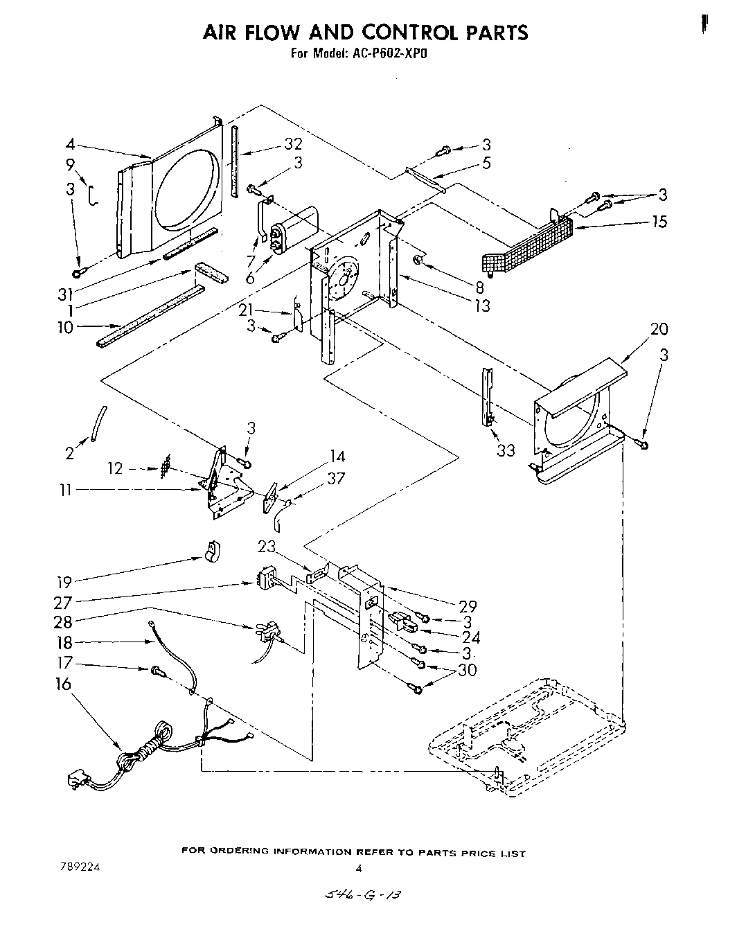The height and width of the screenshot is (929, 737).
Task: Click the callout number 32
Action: pyautogui.click(x=294, y=144)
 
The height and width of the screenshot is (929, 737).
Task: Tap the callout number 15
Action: pyautogui.click(x=659, y=222)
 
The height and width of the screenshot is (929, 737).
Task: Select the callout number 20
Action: pyautogui.click(x=659, y=328)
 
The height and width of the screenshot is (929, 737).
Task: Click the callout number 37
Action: pyautogui.click(x=336, y=478)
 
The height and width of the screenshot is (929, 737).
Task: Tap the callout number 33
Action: pyautogui.click(x=506, y=450)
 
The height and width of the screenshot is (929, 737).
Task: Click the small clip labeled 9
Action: pyautogui.click(x=92, y=196)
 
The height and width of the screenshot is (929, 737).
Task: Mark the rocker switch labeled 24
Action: pyautogui.click(x=404, y=621)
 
